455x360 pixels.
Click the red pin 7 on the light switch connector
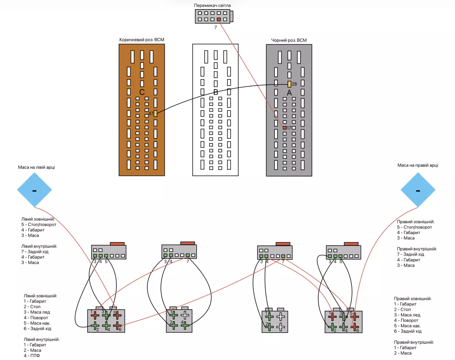[x=219, y=19]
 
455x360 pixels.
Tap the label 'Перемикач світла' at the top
[x=212, y=5]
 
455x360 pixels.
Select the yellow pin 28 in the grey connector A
[x=289, y=84]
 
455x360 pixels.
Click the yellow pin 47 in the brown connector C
[x=155, y=113]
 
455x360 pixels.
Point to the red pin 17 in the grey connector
[x=285, y=128]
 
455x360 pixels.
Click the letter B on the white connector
[x=216, y=92]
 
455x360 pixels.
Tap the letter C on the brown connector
[x=142, y=92]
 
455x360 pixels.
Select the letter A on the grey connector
[x=289, y=93]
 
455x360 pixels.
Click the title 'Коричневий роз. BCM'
[x=141, y=40]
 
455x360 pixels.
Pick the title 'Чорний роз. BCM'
[x=289, y=40]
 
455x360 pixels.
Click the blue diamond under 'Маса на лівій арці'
[x=34, y=190]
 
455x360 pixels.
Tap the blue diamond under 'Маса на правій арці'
[x=418, y=190]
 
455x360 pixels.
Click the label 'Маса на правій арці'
[x=417, y=165]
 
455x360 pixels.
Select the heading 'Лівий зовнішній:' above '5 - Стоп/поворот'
[x=38, y=219]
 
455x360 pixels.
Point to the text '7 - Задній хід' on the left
[x=35, y=251]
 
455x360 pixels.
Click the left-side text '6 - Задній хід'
[x=37, y=328]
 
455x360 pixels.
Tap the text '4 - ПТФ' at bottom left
[x=32, y=355]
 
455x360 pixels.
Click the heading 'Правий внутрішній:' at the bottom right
[x=414, y=342]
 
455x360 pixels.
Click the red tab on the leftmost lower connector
[x=117, y=243]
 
